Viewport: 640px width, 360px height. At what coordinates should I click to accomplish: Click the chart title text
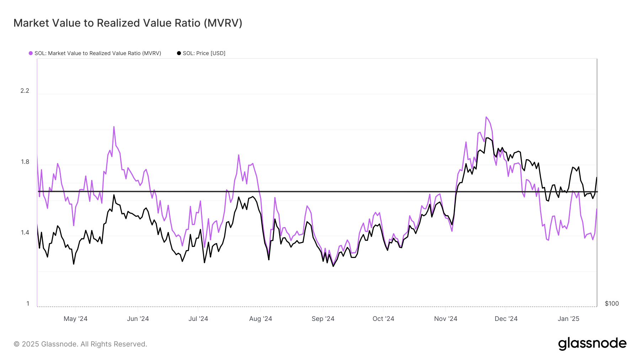(128, 23)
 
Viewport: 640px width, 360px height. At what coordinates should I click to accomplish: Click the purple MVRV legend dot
(31, 53)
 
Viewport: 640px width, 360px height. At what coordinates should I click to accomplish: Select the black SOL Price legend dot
(179, 53)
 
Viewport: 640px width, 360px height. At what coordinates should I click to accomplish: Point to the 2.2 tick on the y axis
(25, 91)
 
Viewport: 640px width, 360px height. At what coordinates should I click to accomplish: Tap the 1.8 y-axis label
(25, 162)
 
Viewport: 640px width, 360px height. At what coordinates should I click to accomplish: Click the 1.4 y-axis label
(25, 232)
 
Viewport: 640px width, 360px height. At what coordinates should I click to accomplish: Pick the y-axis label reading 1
(28, 303)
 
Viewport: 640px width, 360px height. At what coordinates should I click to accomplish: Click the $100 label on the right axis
(612, 303)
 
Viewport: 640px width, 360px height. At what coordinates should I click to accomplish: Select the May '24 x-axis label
(75, 319)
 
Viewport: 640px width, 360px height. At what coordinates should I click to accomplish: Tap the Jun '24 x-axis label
(138, 319)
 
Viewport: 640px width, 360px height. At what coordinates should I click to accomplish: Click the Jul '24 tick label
(198, 319)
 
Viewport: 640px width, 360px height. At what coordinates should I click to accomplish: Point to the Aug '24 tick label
(261, 319)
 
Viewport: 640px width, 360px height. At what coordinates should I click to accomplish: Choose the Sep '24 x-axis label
(323, 319)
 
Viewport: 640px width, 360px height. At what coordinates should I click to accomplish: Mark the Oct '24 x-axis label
(383, 319)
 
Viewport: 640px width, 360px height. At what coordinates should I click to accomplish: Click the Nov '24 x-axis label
(446, 319)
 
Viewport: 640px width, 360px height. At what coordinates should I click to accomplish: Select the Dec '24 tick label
(506, 319)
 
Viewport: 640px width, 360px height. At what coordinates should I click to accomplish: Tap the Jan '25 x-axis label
(569, 319)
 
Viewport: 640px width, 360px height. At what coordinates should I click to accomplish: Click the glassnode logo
(592, 344)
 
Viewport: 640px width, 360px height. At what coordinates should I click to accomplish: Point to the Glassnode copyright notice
(80, 344)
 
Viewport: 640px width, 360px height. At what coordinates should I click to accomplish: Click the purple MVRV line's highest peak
(486, 117)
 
